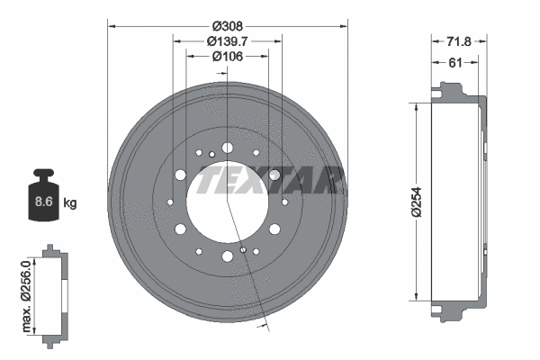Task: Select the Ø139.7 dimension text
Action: tap(228, 41)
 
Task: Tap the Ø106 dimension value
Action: tap(228, 57)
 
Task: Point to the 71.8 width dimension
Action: tap(461, 41)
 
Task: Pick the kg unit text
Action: tap(70, 202)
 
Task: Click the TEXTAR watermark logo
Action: tap(270, 180)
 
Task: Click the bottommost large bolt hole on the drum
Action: tap(227, 256)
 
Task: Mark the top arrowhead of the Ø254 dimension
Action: tap(416, 105)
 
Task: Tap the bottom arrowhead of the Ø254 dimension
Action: tap(416, 297)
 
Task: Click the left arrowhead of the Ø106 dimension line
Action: tap(189, 57)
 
